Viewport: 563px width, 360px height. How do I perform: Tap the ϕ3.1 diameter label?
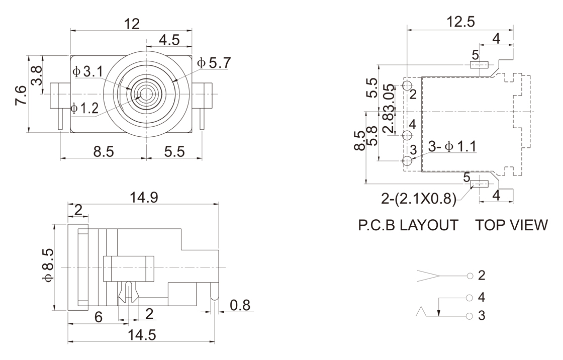pos(88,72)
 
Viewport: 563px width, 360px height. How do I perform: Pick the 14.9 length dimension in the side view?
pos(143,198)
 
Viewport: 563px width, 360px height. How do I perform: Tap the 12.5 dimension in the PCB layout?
pos(460,22)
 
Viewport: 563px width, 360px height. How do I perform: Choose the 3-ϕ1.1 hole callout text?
pos(452,147)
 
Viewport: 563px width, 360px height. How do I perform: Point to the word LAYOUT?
pos(429,225)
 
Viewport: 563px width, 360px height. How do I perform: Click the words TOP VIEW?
pos(511,225)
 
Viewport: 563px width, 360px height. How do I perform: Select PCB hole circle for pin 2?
pos(407,84)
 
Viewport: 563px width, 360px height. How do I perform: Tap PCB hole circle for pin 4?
pos(407,135)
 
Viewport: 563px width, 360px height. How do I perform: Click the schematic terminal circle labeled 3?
pos(470,316)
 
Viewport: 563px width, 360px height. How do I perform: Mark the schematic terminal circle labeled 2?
pos(470,276)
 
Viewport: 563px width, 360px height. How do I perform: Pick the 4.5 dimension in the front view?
pos(169,40)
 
